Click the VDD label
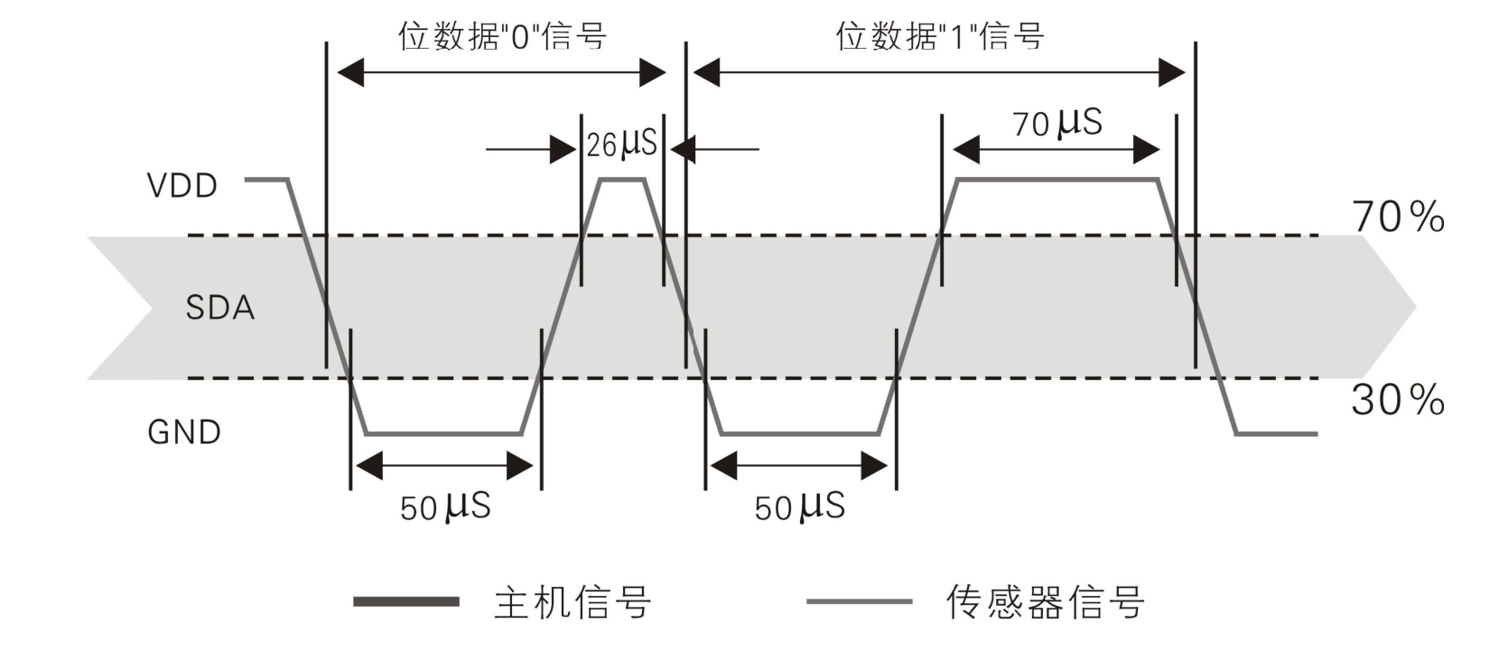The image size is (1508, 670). click(182, 186)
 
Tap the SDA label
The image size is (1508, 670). click(219, 308)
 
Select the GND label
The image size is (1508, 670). click(184, 433)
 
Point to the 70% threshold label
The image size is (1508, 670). click(1397, 218)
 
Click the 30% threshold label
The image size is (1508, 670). click(1397, 400)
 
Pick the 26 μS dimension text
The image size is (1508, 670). click(621, 144)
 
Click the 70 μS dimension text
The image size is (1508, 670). click(1057, 123)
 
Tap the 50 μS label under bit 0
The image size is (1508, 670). click(445, 507)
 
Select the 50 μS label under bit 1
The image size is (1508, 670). click(799, 507)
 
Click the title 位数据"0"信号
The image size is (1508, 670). click(502, 37)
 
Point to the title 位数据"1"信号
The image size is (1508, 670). click(940, 37)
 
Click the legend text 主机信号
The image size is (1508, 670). click(572, 602)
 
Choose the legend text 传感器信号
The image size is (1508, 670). click(1045, 602)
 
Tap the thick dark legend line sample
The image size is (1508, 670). click(406, 601)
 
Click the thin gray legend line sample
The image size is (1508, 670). click(859, 601)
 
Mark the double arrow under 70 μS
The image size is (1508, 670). click(1057, 150)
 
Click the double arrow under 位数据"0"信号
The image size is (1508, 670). click(501, 72)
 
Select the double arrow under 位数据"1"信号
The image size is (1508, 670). click(939, 72)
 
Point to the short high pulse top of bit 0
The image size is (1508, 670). click(622, 180)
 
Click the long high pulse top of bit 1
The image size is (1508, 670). click(1057, 180)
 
